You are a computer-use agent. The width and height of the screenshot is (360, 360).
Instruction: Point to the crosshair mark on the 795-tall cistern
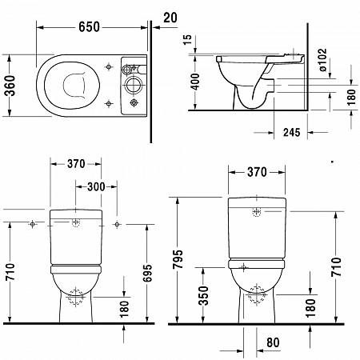[x=256, y=213]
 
